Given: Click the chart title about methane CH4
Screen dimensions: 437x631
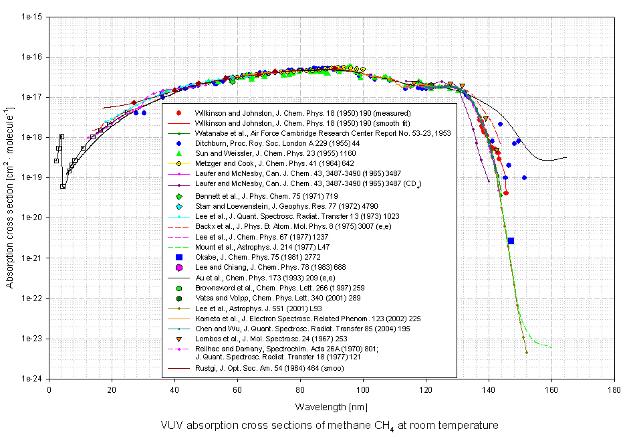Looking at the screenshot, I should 329,426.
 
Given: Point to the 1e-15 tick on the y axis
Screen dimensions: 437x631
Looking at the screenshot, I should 32,17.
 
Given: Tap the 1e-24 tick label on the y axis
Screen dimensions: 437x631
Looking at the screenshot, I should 32,379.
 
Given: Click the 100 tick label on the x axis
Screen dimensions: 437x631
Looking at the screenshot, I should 363,389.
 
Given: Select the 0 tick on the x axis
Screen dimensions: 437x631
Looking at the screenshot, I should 49,389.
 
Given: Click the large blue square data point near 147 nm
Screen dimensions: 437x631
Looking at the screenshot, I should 511,241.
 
